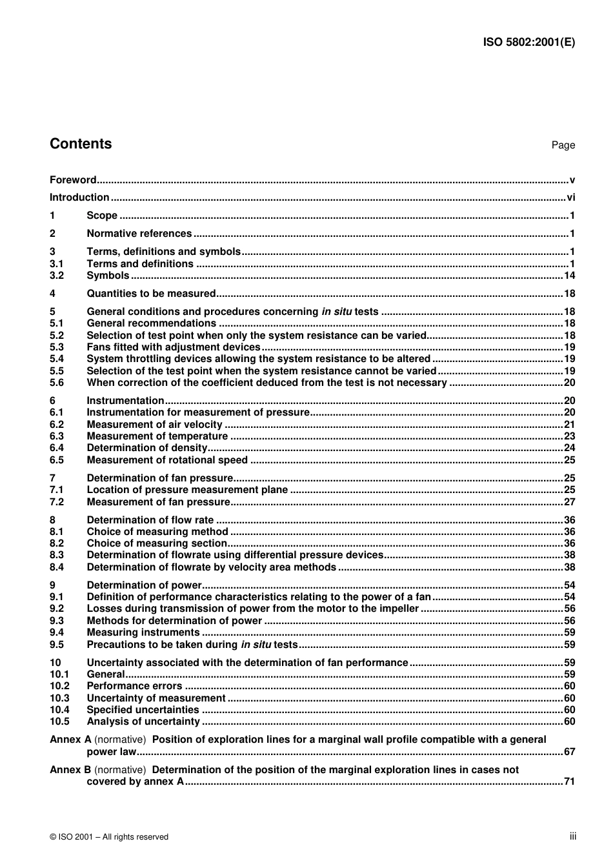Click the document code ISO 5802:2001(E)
pyautogui.click(x=528, y=43)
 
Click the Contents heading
pyautogui.click(x=81, y=144)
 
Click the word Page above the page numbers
pyautogui.click(x=563, y=145)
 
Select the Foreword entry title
pyautogui.click(x=73, y=180)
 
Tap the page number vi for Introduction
pyautogui.click(x=570, y=197)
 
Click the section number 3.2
pyautogui.click(x=57, y=276)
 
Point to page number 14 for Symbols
pyautogui.click(x=569, y=276)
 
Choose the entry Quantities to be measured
pyautogui.click(x=151, y=294)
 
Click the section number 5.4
pyautogui.click(x=57, y=359)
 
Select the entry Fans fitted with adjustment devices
pyautogui.click(x=174, y=347)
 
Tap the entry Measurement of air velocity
pyautogui.click(x=155, y=425)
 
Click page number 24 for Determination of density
pyautogui.click(x=569, y=448)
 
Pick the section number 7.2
pyautogui.click(x=57, y=502)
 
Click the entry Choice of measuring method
pyautogui.click(x=157, y=532)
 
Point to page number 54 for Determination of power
pyautogui.click(x=569, y=585)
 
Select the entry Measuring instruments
pyautogui.click(x=143, y=632)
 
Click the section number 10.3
pyautogui.click(x=59, y=698)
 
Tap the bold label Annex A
pyautogui.click(x=70, y=740)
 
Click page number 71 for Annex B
pyautogui.click(x=569, y=782)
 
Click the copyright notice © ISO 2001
pyautogui.click(x=109, y=837)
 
